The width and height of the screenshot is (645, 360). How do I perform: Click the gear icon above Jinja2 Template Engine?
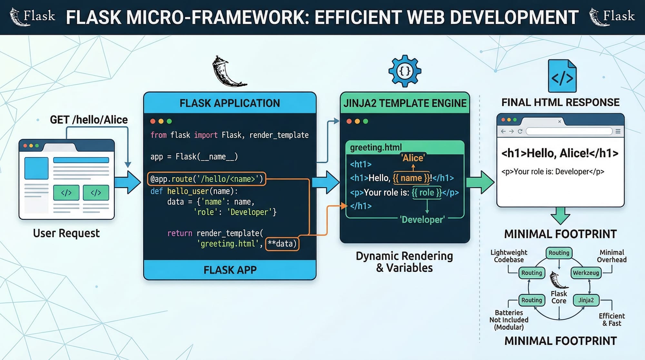click(405, 71)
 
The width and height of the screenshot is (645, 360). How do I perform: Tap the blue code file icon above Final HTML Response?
click(562, 76)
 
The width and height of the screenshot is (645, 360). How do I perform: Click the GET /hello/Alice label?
click(89, 120)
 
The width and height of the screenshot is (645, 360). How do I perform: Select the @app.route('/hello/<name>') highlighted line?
click(207, 179)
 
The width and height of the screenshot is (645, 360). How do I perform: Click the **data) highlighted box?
click(282, 244)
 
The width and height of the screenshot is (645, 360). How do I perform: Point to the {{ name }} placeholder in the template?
click(411, 178)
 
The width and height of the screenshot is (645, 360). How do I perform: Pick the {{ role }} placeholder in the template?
click(427, 193)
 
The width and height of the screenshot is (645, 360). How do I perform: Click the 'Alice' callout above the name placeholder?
click(413, 158)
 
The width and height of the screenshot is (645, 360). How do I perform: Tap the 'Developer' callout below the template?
click(422, 220)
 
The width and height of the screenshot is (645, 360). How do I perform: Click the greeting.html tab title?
click(376, 147)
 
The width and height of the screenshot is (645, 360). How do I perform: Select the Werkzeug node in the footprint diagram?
click(586, 273)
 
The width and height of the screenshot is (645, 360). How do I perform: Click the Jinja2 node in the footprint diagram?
click(586, 300)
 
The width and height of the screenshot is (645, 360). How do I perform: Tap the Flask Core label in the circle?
click(559, 297)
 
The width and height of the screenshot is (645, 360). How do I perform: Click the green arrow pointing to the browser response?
click(480, 182)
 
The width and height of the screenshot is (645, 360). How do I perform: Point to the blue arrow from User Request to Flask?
click(127, 182)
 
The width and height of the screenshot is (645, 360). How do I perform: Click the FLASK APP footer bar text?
click(230, 270)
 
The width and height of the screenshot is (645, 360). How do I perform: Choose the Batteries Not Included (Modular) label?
click(509, 320)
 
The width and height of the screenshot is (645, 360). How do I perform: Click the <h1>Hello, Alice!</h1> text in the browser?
click(560, 153)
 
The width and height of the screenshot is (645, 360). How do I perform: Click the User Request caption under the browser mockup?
click(66, 233)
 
